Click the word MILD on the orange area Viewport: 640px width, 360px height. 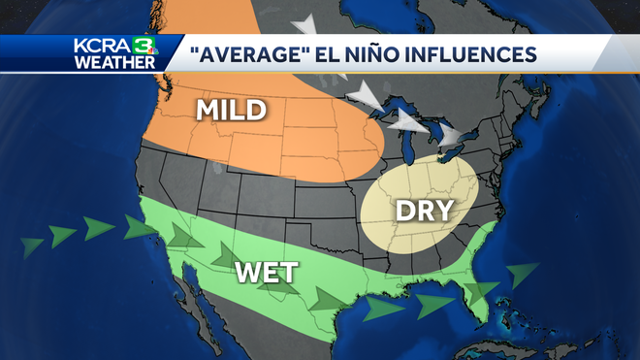pos(231,110)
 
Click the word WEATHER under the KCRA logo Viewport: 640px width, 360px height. pos(113,62)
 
